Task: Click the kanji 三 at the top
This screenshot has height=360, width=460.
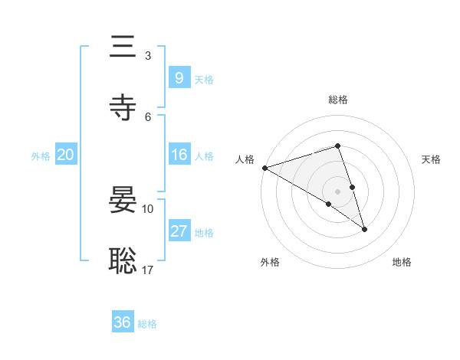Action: coord(124,47)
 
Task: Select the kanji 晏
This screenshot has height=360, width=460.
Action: coord(124,200)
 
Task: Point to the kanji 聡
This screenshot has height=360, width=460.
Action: coord(124,261)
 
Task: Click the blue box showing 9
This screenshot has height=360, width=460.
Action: coord(179,77)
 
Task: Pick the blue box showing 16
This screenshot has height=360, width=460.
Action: coord(179,155)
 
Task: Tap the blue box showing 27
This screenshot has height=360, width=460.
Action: coord(179,231)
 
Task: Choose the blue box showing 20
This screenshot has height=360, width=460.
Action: coord(65,155)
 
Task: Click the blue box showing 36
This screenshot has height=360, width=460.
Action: coord(122,322)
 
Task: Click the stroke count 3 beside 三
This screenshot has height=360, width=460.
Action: coord(148,55)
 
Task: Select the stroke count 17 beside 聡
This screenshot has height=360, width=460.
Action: coord(148,270)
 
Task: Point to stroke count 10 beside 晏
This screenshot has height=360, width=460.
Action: coord(148,208)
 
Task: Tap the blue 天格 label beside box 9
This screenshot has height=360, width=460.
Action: coord(204,79)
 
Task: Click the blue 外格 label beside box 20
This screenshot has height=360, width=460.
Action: coord(41,156)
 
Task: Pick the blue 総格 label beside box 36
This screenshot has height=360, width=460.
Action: coord(147,324)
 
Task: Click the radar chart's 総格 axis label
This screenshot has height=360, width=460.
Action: coord(337,100)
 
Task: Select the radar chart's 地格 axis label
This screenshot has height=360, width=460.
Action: coord(402,262)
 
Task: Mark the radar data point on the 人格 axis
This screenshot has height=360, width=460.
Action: coord(264,167)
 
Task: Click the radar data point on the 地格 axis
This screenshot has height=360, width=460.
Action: coord(364,228)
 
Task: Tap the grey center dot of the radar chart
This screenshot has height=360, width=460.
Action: coord(337,191)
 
